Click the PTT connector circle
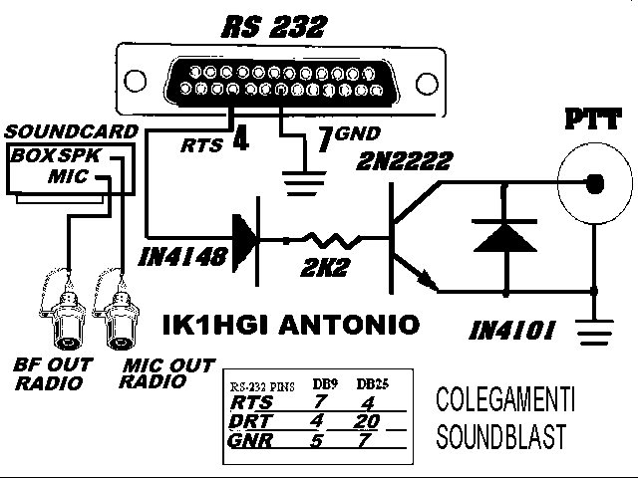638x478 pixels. pyautogui.click(x=595, y=184)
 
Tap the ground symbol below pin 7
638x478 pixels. pyautogui.click(x=296, y=179)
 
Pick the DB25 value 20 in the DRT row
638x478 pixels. pyautogui.click(x=371, y=420)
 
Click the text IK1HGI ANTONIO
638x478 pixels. pyautogui.click(x=290, y=324)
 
